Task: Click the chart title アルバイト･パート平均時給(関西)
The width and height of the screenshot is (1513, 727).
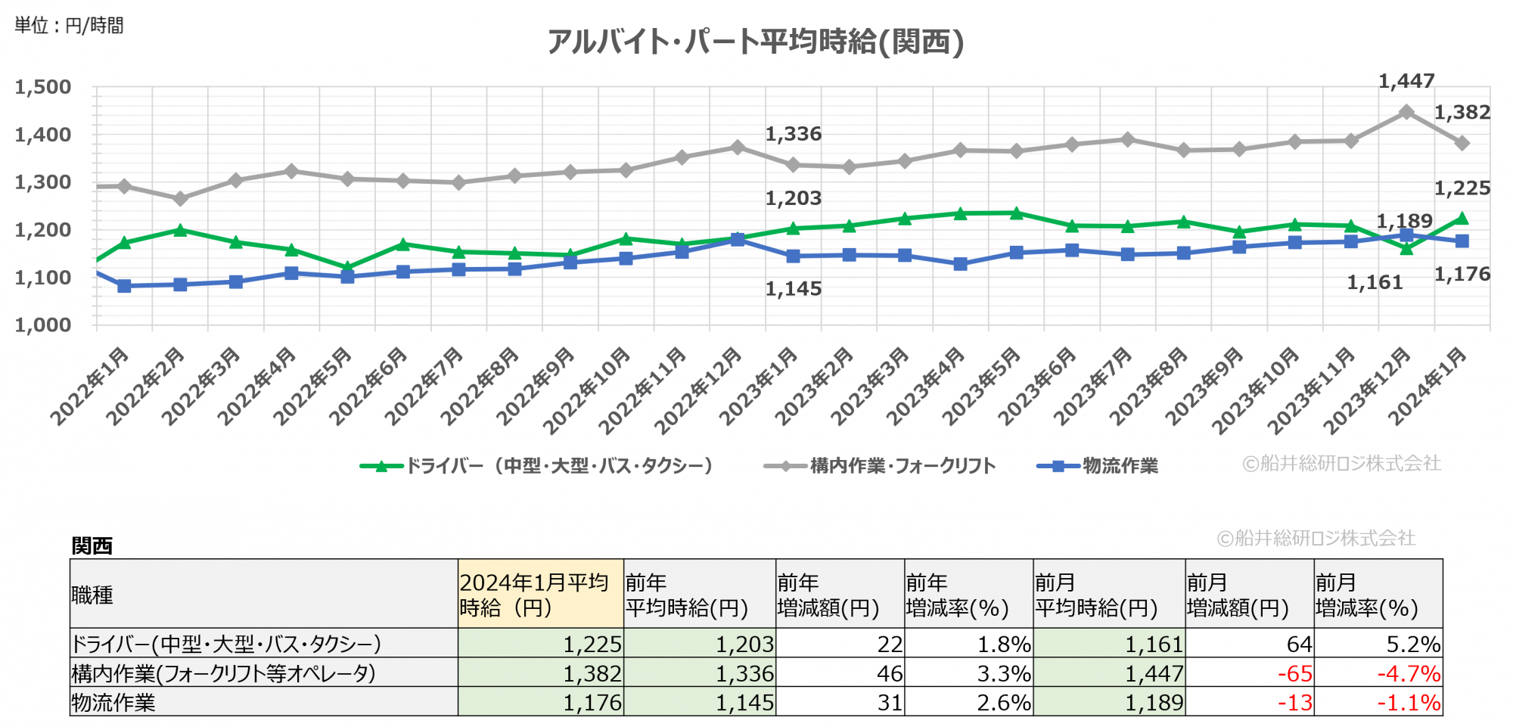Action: pyautogui.click(x=755, y=42)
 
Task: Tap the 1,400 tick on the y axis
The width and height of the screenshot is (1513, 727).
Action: pyautogui.click(x=43, y=135)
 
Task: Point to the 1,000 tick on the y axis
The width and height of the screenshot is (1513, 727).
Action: pyautogui.click(x=43, y=325)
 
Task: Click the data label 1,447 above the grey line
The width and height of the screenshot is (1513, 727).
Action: pyautogui.click(x=1406, y=81)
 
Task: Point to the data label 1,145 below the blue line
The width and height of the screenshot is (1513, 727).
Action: pyautogui.click(x=793, y=289)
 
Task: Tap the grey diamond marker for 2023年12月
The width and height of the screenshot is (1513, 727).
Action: pyautogui.click(x=1406, y=112)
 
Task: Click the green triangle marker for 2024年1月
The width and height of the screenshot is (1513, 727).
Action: pyautogui.click(x=1462, y=219)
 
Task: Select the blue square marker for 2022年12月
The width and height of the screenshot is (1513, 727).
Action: pyautogui.click(x=738, y=239)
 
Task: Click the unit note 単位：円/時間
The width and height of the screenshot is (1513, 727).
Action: pyautogui.click(x=69, y=26)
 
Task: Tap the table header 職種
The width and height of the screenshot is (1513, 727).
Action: pyautogui.click(x=92, y=595)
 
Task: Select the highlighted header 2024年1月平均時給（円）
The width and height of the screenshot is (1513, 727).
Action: pyautogui.click(x=539, y=595)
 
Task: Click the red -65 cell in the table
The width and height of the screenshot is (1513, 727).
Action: pyautogui.click(x=1294, y=673)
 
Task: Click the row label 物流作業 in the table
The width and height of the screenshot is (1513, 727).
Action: pyautogui.click(x=113, y=703)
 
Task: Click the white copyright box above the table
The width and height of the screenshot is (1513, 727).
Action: pyautogui.click(x=1317, y=537)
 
